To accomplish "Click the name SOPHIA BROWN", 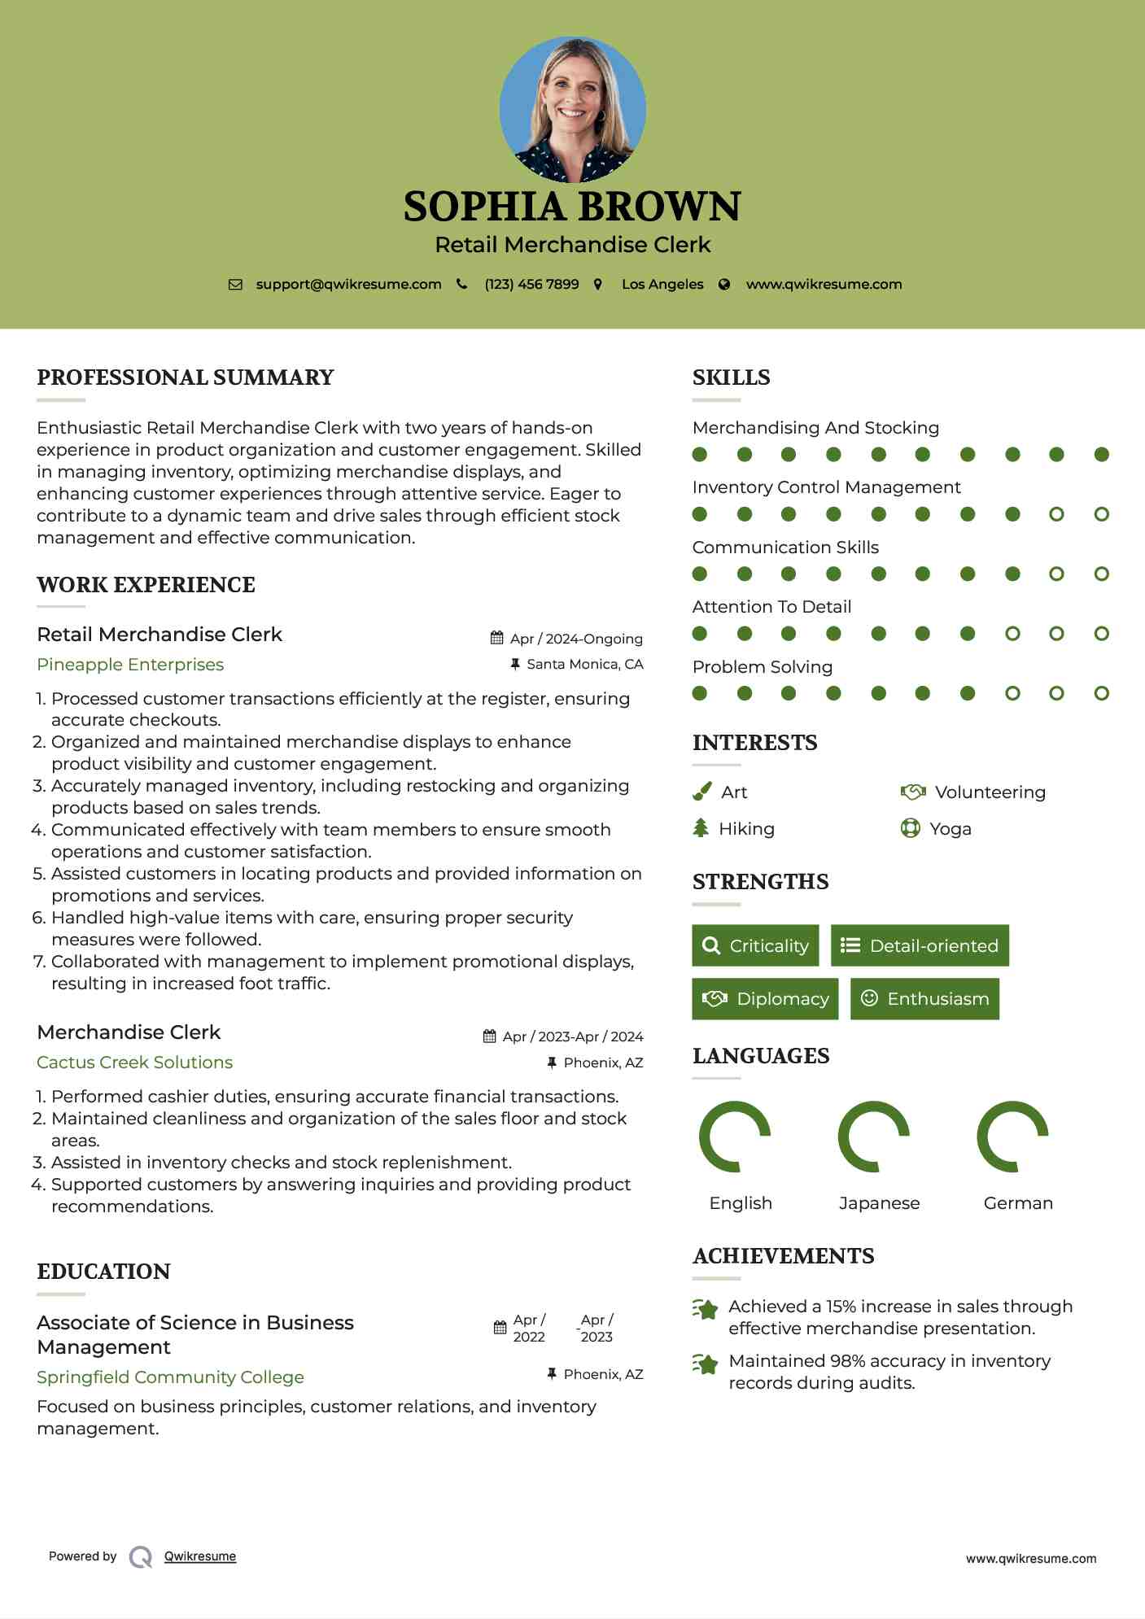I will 572,207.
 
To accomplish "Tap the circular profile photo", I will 573,110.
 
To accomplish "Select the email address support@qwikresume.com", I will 348,284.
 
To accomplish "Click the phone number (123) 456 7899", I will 531,284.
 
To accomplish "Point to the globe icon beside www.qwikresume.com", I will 724,284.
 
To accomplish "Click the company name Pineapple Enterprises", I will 130,665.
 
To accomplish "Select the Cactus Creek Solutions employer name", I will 135,1063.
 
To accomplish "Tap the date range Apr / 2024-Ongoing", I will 575,639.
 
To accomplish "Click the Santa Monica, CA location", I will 584,664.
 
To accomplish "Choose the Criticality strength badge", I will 755,945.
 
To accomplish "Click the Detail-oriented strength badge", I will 920,945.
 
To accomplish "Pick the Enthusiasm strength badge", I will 924,998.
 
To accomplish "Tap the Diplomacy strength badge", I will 765,998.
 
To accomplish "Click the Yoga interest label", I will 950,829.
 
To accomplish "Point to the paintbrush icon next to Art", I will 701,792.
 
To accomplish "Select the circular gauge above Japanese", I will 874,1137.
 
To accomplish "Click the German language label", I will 1018,1203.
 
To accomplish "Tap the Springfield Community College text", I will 171,1377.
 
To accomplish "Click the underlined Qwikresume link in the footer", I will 200,1556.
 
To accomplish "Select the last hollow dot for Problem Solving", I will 1101,693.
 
